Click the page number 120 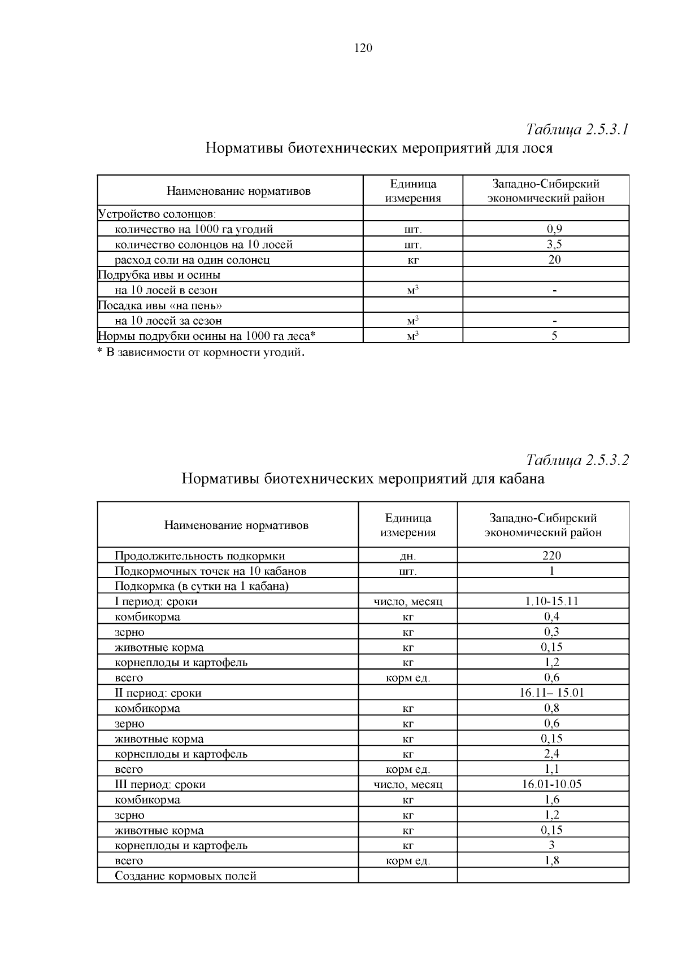pyautogui.click(x=363, y=48)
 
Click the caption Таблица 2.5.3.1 pyautogui.click(x=577, y=130)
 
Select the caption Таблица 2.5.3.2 pyautogui.click(x=577, y=460)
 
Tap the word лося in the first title pyautogui.click(x=537, y=148)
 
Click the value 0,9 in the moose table pyautogui.click(x=554, y=229)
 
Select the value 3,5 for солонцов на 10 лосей pyautogui.click(x=554, y=244)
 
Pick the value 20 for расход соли pyautogui.click(x=554, y=260)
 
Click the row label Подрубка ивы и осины pyautogui.click(x=159, y=275)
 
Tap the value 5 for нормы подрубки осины pyautogui.click(x=554, y=336)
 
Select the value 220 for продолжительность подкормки pyautogui.click(x=551, y=555)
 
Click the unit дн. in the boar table pyautogui.click(x=407, y=556)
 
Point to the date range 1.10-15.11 pyautogui.click(x=551, y=601)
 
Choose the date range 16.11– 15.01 pyautogui.click(x=551, y=693)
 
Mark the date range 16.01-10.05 pyautogui.click(x=551, y=784)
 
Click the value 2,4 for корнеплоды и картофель pyautogui.click(x=551, y=754)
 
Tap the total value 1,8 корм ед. pyautogui.click(x=551, y=860)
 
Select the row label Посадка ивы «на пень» pyautogui.click(x=160, y=305)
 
